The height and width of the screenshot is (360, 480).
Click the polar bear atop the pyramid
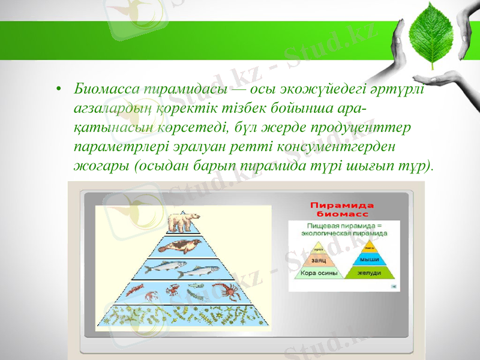tap(183, 222)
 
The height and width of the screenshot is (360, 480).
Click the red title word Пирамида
tap(341, 204)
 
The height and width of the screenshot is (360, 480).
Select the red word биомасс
tap(341, 213)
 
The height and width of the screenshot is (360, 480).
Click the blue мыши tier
tap(370, 259)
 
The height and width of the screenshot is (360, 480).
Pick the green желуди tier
tap(370, 273)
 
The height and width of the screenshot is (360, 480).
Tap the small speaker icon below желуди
tap(394, 287)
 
